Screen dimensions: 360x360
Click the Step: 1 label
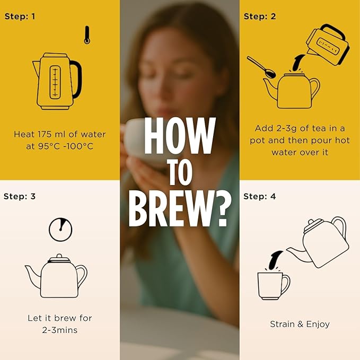(20, 16)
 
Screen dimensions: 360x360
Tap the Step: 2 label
(260, 16)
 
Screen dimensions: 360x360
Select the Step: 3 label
(20, 197)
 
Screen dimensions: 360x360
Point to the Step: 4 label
(259, 197)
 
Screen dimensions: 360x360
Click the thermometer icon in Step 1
(87, 35)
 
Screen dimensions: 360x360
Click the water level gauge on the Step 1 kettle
(55, 82)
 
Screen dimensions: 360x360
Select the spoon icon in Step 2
(262, 67)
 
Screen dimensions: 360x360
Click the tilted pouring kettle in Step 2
(328, 45)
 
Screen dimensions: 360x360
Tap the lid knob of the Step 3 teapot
(59, 256)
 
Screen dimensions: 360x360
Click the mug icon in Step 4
(274, 286)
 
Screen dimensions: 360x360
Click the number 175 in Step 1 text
(44, 134)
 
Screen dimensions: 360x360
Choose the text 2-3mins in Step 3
(60, 330)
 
